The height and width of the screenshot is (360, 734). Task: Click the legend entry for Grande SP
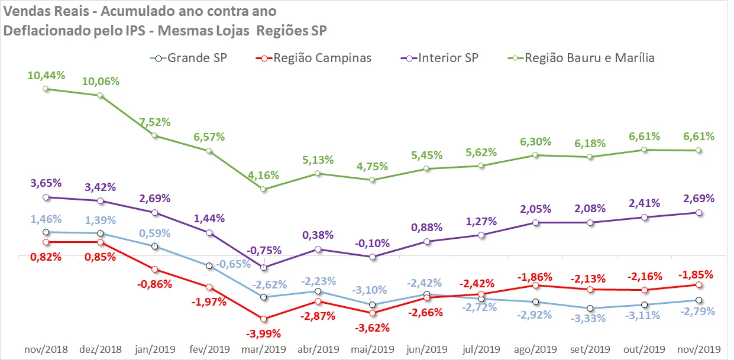189,59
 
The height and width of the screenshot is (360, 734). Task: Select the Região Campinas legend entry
313,59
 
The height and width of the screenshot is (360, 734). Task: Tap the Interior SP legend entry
439,59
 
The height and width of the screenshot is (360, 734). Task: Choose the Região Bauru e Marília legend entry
581,59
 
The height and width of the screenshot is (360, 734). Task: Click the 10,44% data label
46,75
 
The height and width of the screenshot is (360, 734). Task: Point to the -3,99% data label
263,334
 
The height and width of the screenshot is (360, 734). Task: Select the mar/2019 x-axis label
264,349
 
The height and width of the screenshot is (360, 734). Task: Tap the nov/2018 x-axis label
46,349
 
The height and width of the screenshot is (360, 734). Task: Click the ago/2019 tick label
535,349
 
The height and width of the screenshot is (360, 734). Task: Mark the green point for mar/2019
263,189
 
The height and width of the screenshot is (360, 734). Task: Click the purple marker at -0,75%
264,268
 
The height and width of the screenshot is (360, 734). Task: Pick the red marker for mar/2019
263,319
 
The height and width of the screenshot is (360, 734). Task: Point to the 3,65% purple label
46,183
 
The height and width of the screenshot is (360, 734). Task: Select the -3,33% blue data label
588,318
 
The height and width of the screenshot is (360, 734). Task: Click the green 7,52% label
155,122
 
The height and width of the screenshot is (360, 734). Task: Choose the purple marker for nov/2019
699,213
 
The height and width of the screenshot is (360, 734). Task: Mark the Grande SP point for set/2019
590,308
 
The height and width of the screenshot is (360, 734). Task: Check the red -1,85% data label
696,274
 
